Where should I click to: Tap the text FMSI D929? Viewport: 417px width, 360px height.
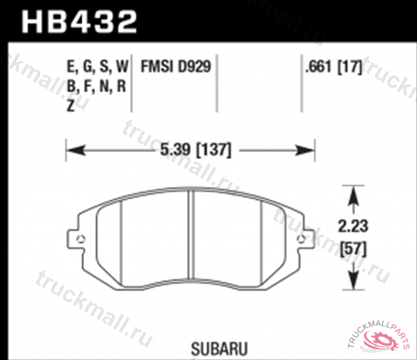coord(175,67)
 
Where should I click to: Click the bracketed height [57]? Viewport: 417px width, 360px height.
coord(353,247)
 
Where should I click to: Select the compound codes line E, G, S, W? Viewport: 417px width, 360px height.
coord(97,67)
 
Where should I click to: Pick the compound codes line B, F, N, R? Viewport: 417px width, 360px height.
coord(95,87)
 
